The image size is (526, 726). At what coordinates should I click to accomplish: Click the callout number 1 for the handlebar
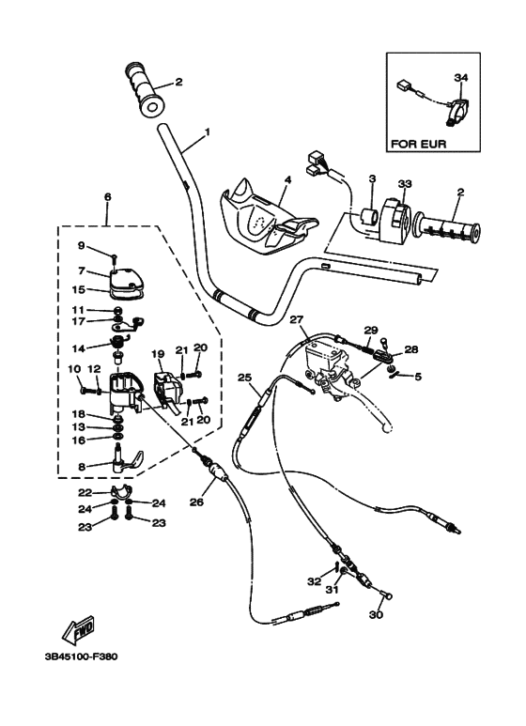207,131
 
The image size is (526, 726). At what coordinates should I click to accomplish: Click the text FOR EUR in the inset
418,145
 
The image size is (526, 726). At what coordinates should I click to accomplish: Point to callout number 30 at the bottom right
376,616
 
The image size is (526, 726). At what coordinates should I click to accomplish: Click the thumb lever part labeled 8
123,463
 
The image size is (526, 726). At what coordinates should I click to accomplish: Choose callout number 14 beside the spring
79,348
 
